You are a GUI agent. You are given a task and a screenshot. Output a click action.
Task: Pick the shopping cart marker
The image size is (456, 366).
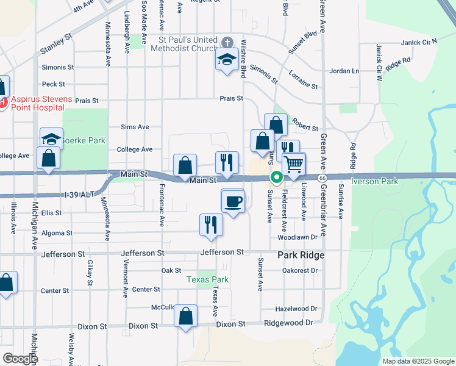coord(294,164)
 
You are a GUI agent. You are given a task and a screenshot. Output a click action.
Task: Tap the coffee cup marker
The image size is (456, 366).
coord(233,201)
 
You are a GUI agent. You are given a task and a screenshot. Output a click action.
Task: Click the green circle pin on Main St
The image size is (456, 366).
coord(277,178)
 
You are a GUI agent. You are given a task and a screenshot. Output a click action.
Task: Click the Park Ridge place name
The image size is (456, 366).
coord(301,255)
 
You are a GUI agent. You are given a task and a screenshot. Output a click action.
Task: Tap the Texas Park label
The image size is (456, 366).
coord(207,280)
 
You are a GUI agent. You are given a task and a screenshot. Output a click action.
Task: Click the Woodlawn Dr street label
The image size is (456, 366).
coord(298,237)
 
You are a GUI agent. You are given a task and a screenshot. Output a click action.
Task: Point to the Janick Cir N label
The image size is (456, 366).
coord(419,43)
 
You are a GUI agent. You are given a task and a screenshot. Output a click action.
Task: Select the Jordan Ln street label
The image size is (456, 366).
coord(344,71)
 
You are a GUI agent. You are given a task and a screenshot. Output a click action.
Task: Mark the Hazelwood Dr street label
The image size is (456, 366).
coord(297,309)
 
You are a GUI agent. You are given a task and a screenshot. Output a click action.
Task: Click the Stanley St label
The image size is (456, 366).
coord(56,39)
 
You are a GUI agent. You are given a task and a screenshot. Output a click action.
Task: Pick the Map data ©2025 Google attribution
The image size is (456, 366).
coord(418,361)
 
